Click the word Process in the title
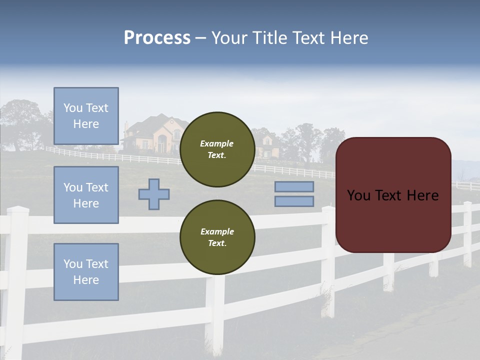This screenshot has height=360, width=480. click(x=157, y=38)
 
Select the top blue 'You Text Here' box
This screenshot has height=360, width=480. click(x=86, y=116)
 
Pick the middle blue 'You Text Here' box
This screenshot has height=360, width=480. click(x=86, y=195)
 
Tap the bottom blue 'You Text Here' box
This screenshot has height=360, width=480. click(x=86, y=272)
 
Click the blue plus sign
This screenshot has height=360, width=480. click(x=154, y=194)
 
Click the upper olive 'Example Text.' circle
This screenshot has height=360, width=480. click(x=217, y=149)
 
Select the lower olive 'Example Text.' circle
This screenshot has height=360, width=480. click(x=217, y=237)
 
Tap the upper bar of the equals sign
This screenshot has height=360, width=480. click(x=294, y=186)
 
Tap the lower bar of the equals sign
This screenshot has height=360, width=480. click(x=294, y=201)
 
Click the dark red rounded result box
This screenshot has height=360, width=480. click(x=393, y=195)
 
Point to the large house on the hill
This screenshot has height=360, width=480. click(x=152, y=134)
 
